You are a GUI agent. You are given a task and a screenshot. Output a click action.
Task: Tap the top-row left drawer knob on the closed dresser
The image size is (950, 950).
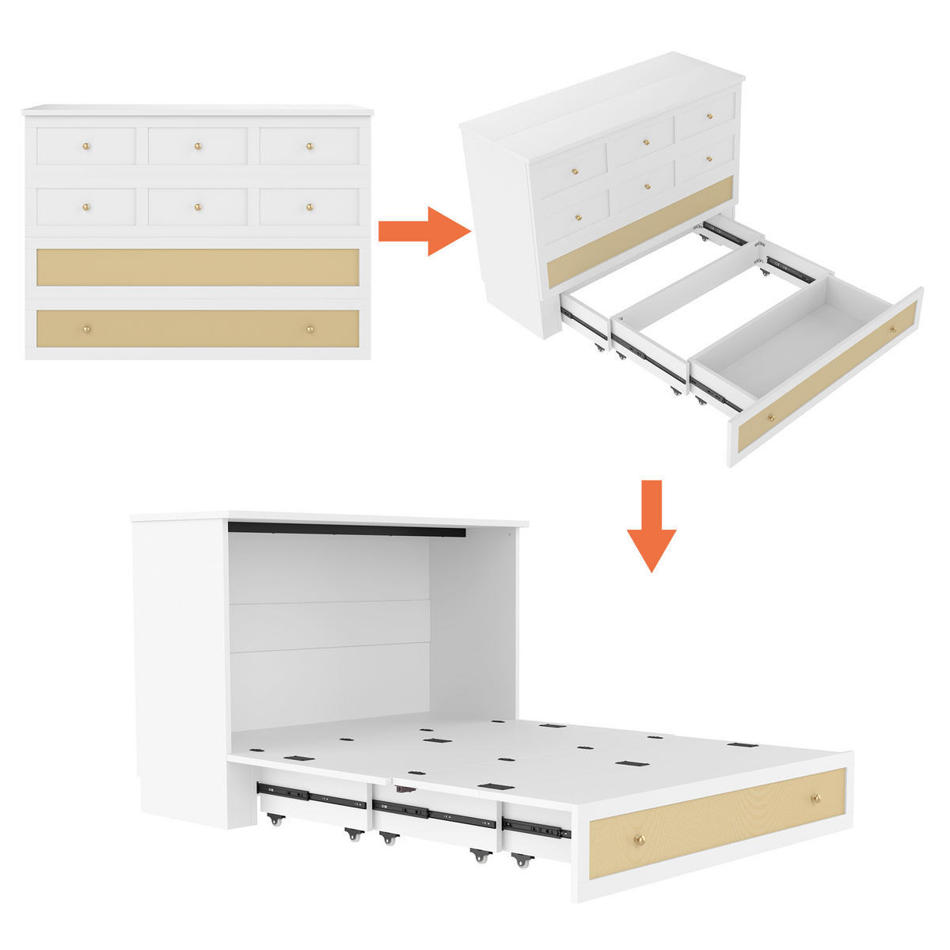86,146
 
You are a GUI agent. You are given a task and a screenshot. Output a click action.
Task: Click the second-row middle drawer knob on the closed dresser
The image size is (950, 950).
198,207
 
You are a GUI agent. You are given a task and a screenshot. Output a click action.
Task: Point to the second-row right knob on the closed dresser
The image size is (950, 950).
310,207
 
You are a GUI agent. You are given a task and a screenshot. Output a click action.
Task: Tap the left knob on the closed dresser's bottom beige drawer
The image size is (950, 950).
86,329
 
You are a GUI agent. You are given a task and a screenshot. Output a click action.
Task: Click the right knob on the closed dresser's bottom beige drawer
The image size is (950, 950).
310,329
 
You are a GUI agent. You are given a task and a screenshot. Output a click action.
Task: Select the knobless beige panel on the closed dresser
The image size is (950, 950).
198,268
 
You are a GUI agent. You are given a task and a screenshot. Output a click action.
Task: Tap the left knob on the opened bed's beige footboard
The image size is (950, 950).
642,839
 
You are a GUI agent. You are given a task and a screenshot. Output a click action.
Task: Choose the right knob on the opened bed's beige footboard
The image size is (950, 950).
815,797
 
